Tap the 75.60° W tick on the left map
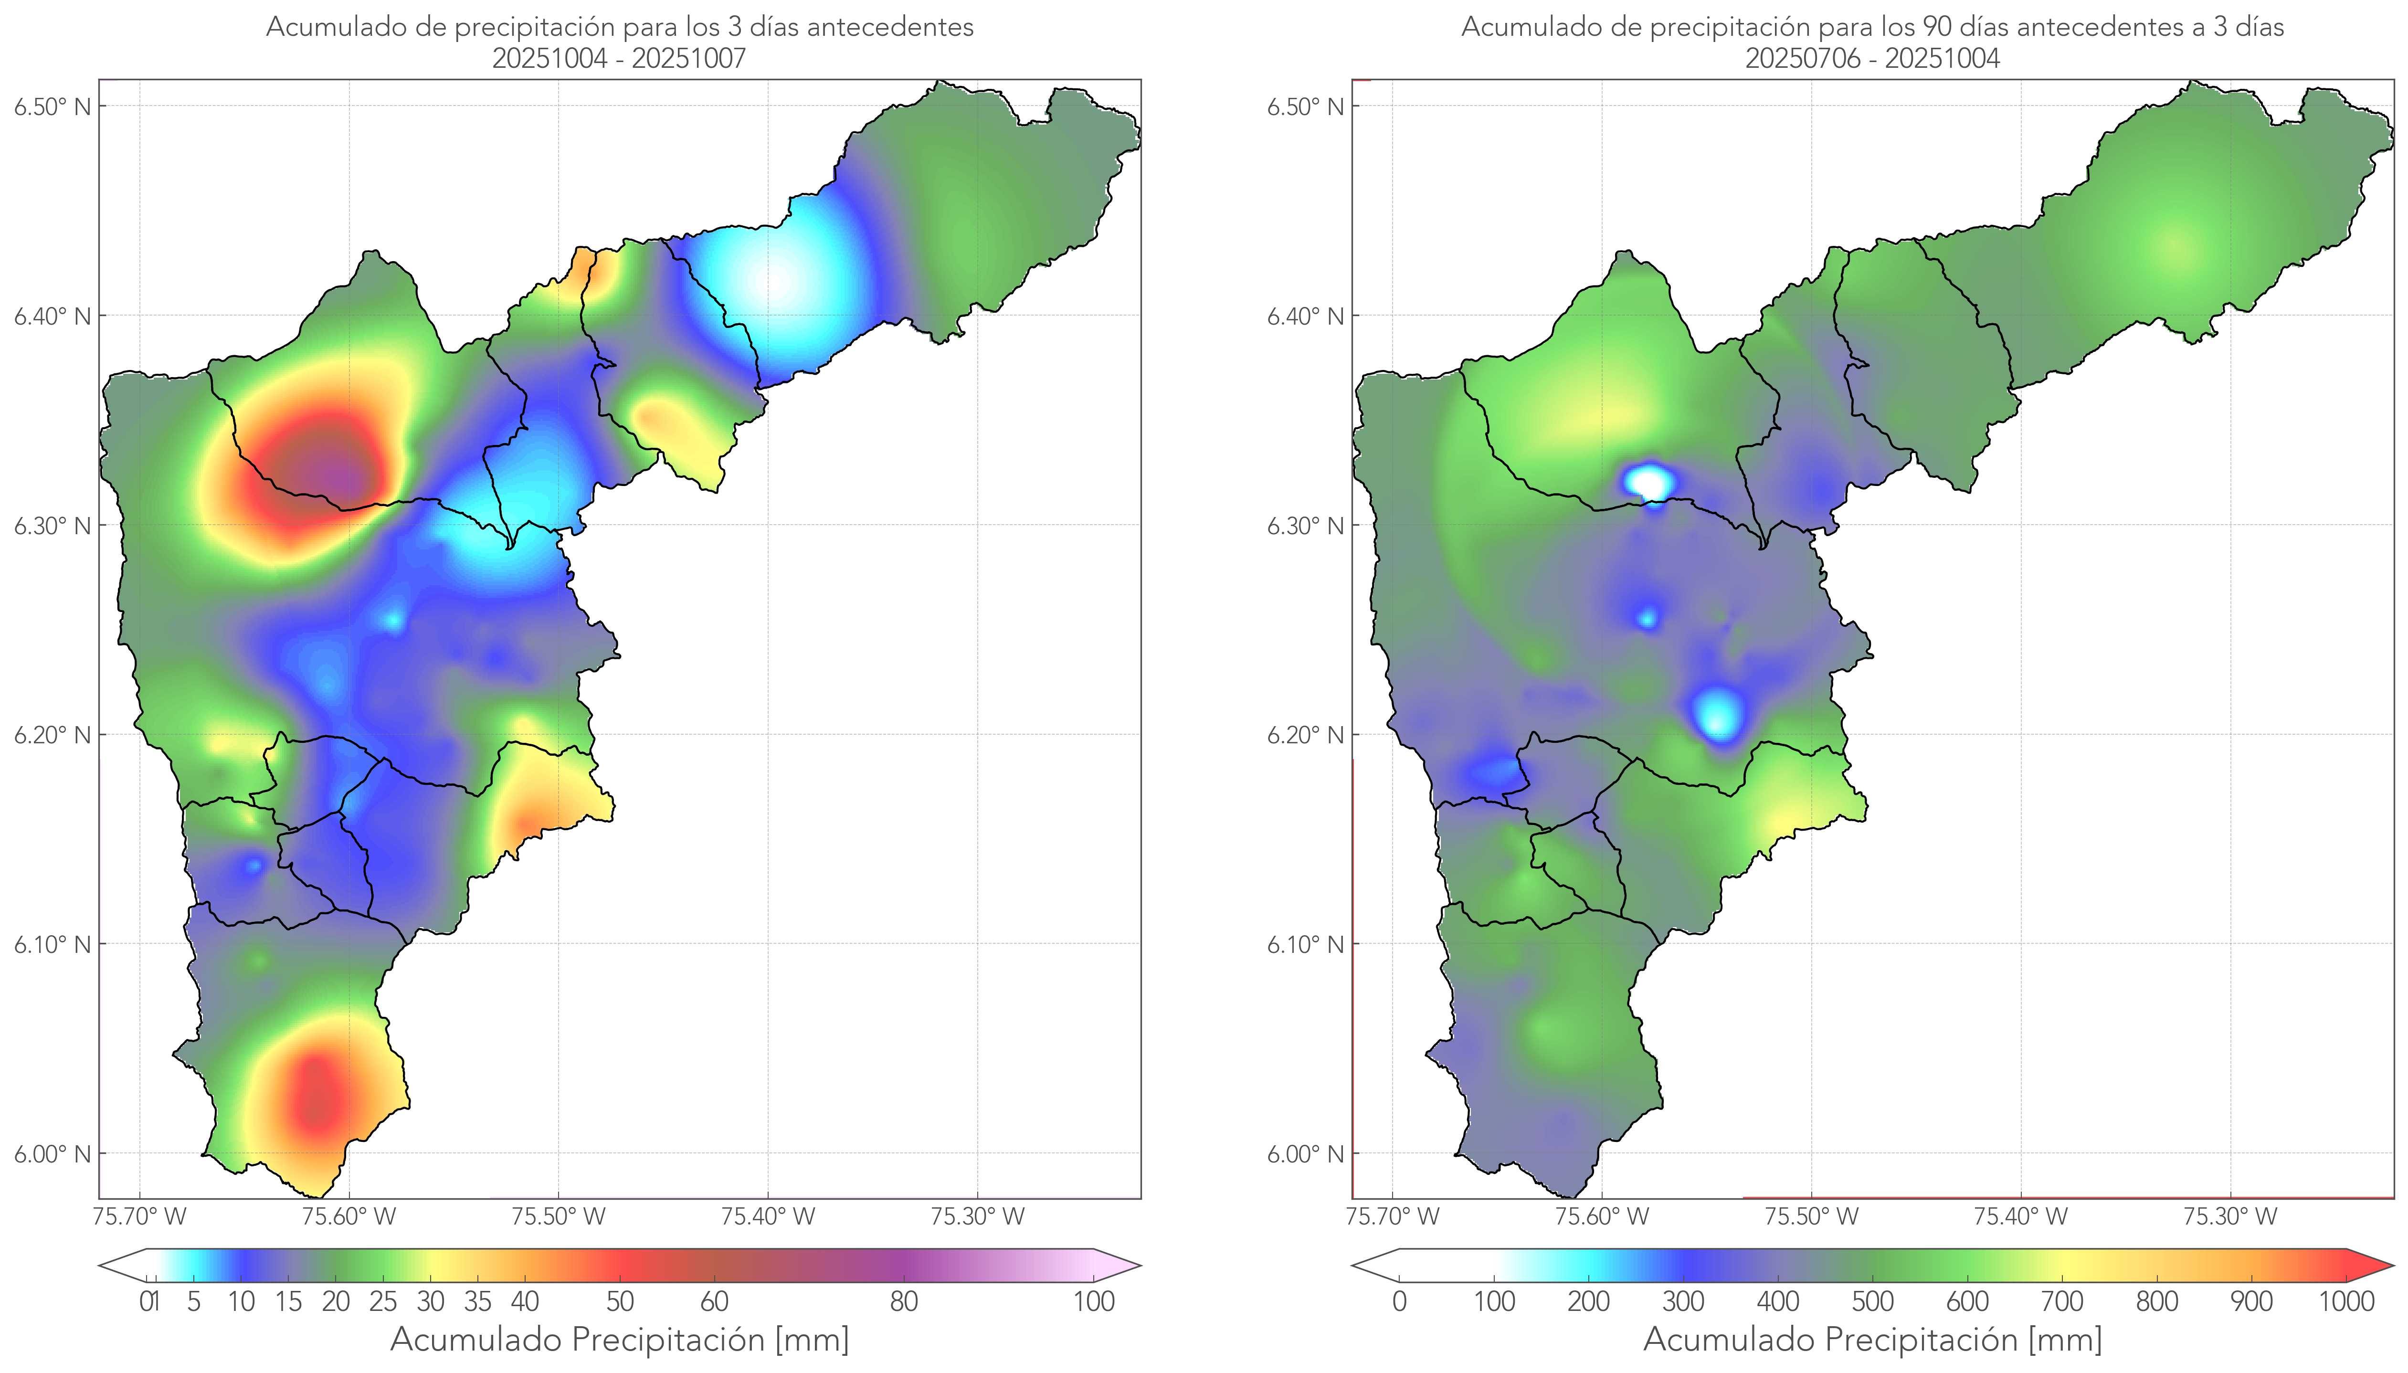349,1216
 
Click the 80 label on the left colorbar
903,1301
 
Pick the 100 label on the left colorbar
1094,1301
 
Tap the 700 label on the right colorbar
2061,1301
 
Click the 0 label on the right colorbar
1399,1301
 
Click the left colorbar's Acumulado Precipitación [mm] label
620,1339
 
